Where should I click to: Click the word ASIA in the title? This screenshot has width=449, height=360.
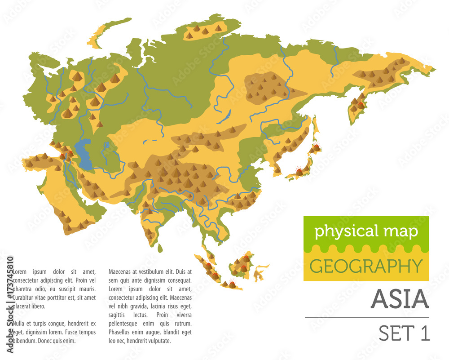coord(400,299)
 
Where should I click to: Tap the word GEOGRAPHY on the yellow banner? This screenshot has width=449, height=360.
coord(366,266)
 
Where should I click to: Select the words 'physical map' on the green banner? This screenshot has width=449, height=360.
coord(366,231)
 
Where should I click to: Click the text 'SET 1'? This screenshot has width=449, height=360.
coord(404,333)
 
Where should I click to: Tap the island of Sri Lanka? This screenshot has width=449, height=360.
coord(160,247)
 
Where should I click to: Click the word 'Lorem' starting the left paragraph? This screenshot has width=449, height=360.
coord(20,271)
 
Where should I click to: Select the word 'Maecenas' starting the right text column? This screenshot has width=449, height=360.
coord(121,271)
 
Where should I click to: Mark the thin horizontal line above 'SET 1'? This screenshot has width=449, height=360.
coord(367,318)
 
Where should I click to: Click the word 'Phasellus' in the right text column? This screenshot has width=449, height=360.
coord(122,332)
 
